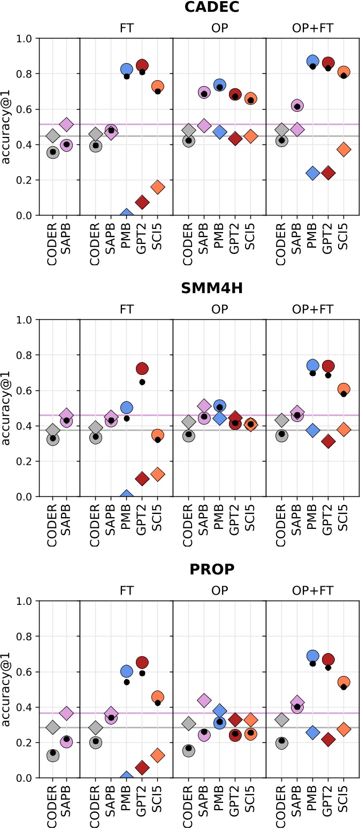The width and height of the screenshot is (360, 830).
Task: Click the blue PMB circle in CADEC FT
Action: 127,69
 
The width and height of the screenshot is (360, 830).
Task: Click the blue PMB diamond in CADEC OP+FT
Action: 312,173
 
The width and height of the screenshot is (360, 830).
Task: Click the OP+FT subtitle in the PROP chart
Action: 312,590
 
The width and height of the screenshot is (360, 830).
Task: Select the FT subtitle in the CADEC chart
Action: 126,27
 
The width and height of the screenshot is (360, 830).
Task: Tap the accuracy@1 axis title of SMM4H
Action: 7,408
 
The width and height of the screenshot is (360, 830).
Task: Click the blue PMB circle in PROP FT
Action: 127,671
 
